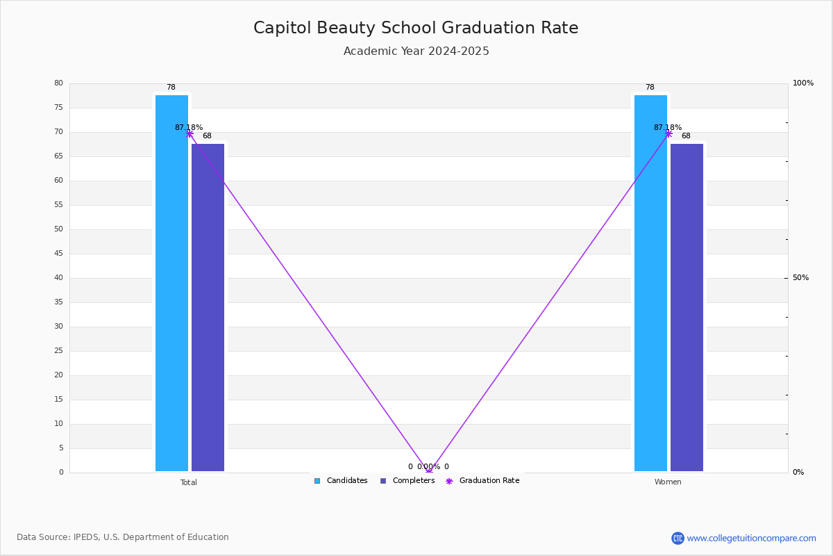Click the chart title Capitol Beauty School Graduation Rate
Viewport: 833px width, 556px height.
[416, 28]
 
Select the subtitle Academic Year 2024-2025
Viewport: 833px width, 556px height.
[416, 51]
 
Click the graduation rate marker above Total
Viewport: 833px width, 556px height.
[190, 133]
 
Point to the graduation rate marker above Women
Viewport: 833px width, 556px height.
[668, 133]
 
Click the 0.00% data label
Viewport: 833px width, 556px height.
[428, 467]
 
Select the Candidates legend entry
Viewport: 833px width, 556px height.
[341, 481]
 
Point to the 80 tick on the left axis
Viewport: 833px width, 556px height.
[58, 83]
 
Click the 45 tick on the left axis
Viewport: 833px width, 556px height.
[58, 254]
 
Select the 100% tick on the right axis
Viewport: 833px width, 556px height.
[803, 83]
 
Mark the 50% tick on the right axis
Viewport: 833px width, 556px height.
[801, 278]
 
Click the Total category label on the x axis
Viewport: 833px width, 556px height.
[189, 482]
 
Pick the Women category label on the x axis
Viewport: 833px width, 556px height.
[668, 482]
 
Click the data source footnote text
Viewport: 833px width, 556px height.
[123, 537]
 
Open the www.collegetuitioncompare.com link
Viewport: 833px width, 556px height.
[751, 538]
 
